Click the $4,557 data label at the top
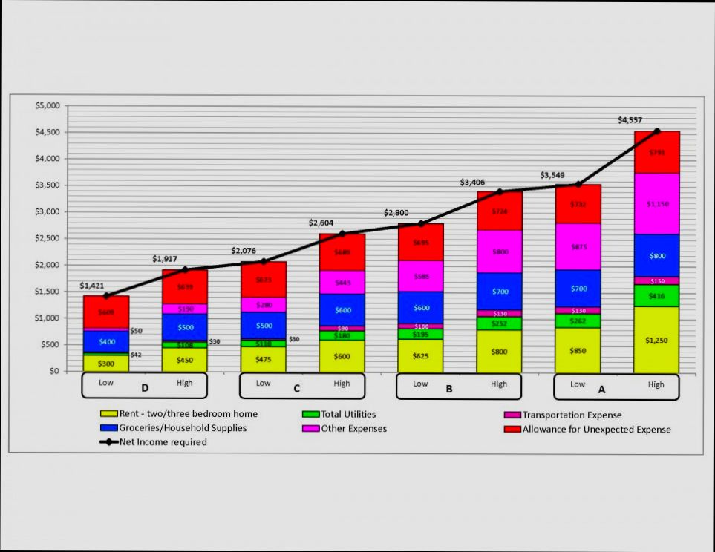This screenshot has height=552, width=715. click(x=630, y=120)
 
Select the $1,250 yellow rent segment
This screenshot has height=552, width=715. click(x=656, y=340)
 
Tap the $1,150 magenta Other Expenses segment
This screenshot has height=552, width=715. click(x=656, y=203)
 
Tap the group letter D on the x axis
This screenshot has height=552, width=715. click(x=145, y=388)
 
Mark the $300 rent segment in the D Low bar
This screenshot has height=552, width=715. click(x=106, y=364)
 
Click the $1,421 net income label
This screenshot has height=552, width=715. click(x=92, y=286)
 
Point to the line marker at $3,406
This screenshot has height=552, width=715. click(x=500, y=191)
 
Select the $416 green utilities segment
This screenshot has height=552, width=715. click(x=656, y=295)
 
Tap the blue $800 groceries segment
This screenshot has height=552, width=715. click(x=656, y=256)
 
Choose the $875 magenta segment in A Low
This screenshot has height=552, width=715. click(x=578, y=246)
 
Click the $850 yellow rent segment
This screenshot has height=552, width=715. click(x=578, y=349)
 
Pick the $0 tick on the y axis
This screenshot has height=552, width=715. click(x=53, y=371)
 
